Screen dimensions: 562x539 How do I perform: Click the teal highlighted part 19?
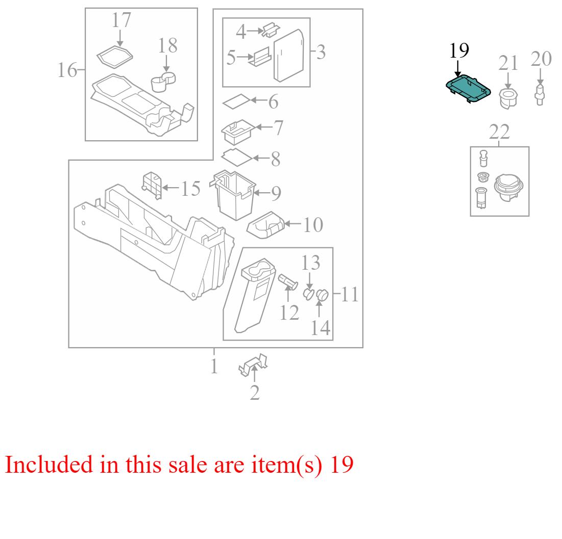coord(468,89)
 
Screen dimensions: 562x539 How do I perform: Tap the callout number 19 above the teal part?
coord(459,50)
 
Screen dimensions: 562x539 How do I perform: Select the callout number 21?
coord(508,63)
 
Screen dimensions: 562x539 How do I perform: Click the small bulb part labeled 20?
coord(540,94)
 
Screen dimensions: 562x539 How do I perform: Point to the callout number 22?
coord(499,132)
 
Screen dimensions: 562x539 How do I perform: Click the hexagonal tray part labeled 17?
coord(115,57)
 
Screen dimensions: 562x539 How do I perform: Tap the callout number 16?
coord(67,70)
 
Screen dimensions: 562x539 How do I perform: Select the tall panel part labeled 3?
coord(289,56)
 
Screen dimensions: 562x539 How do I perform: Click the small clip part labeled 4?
coord(272,30)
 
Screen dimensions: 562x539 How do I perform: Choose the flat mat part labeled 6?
coord(236,101)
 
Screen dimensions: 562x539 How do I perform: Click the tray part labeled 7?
coord(238,132)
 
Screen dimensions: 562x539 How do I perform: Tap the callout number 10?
coord(313,225)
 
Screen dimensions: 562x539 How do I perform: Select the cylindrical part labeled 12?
coord(288,281)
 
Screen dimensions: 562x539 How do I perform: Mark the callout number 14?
coord(321,328)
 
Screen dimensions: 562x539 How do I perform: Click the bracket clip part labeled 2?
coord(253,365)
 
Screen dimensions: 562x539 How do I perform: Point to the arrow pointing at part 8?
coord(260,158)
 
